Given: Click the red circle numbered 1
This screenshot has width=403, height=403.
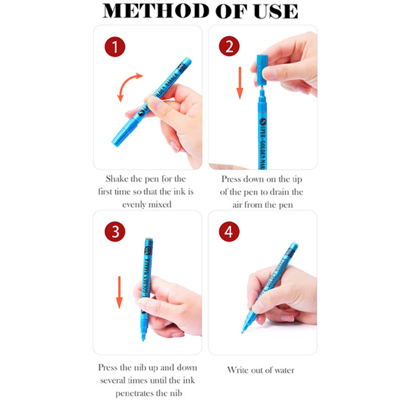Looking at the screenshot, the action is click(115, 47).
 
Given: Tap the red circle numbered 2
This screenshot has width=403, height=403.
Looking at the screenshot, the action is click(229, 46).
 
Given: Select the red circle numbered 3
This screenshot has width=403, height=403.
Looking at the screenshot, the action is click(115, 232).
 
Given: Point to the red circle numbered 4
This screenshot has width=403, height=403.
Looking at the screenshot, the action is click(229, 232).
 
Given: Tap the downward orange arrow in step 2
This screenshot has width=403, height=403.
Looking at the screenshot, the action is click(240, 83).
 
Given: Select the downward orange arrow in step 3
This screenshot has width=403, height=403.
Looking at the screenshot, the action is click(119, 292).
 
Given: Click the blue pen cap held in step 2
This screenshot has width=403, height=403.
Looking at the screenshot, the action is click(262, 70).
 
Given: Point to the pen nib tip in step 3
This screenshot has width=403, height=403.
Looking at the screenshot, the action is click(144, 340).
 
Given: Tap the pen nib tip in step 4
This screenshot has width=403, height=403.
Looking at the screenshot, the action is click(242, 332).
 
